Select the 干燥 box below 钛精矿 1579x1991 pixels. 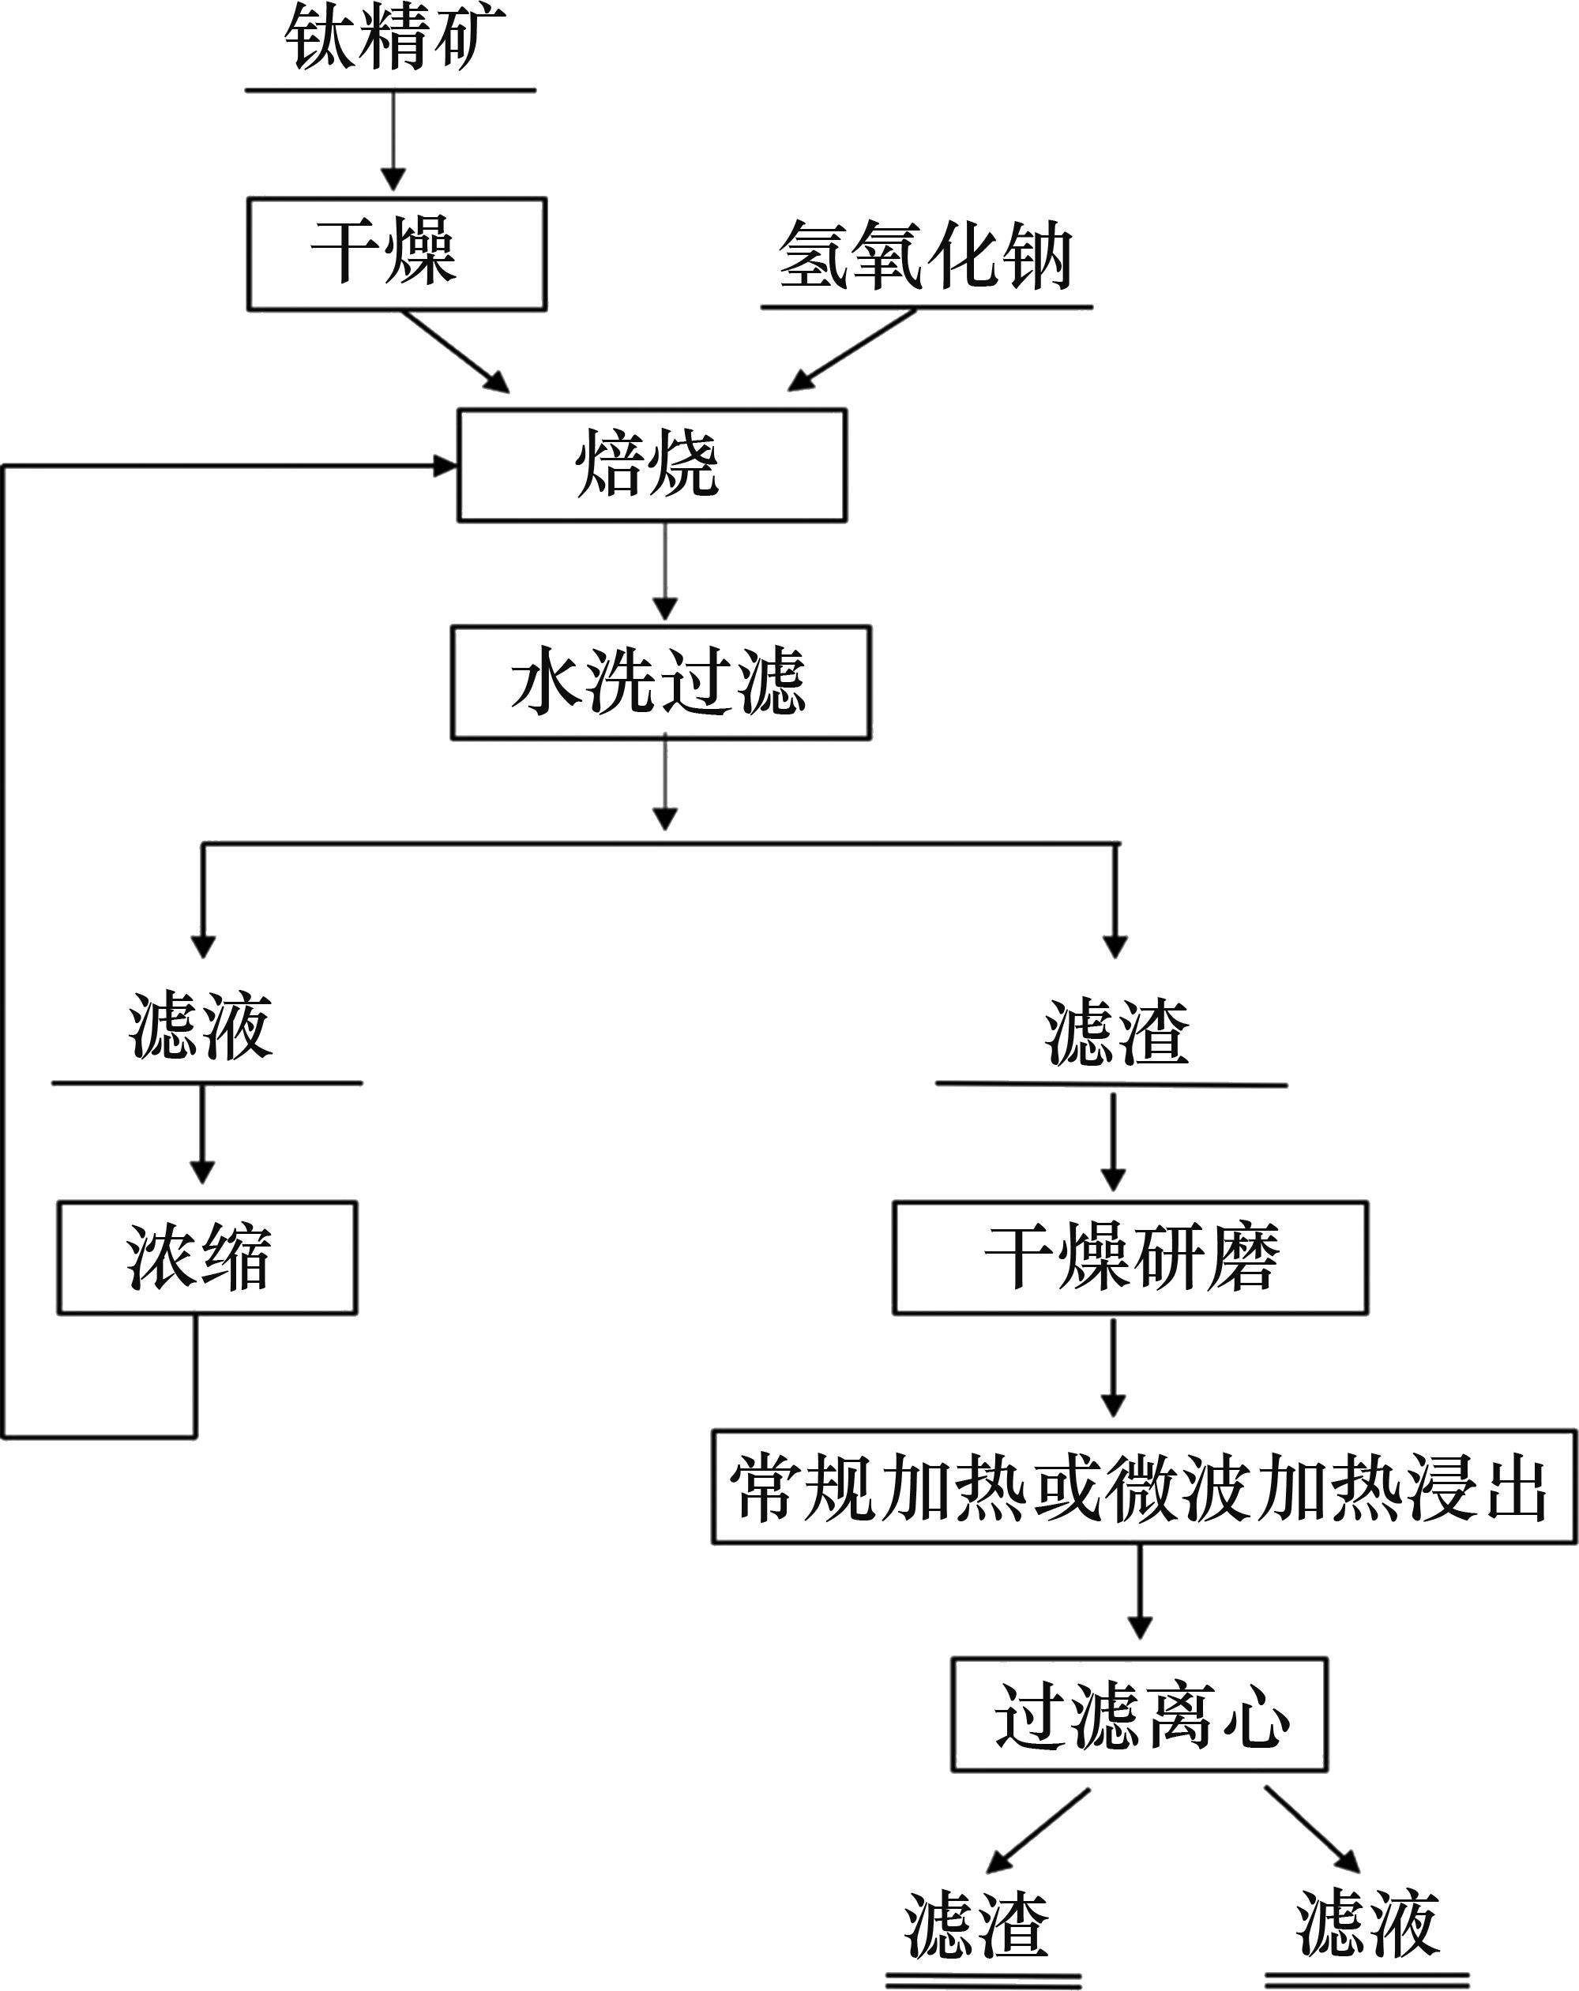397,253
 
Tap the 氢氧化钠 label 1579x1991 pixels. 925,257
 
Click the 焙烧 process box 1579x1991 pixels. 652,466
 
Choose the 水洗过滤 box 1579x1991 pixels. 660,684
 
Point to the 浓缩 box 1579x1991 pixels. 207,1258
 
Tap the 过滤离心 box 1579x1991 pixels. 1139,1715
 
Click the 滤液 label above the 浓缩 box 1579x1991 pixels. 201,1027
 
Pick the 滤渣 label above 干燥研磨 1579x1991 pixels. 1116,1032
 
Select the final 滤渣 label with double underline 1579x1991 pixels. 978,1925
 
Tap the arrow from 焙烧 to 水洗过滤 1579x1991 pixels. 665,572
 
